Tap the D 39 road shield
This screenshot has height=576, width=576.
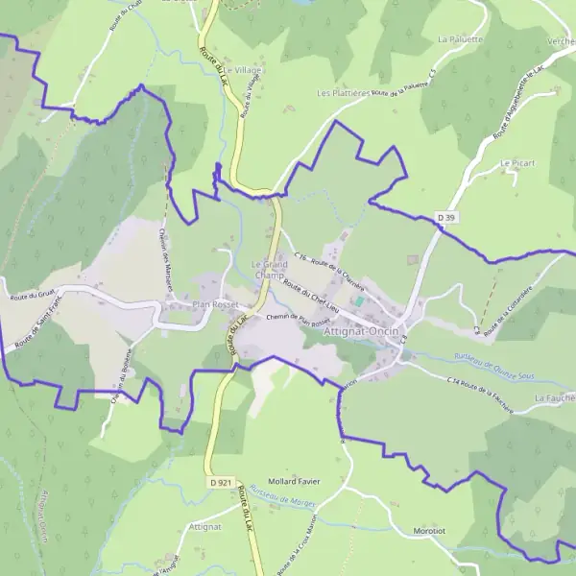coord(444,218)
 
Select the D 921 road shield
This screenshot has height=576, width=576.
coord(220,482)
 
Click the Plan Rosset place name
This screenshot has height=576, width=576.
coord(214,305)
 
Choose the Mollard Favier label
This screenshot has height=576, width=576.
coord(294,481)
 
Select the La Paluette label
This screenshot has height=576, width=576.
coord(458,40)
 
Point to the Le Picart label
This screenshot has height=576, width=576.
coord(516,164)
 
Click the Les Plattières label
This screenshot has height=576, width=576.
coord(343,94)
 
